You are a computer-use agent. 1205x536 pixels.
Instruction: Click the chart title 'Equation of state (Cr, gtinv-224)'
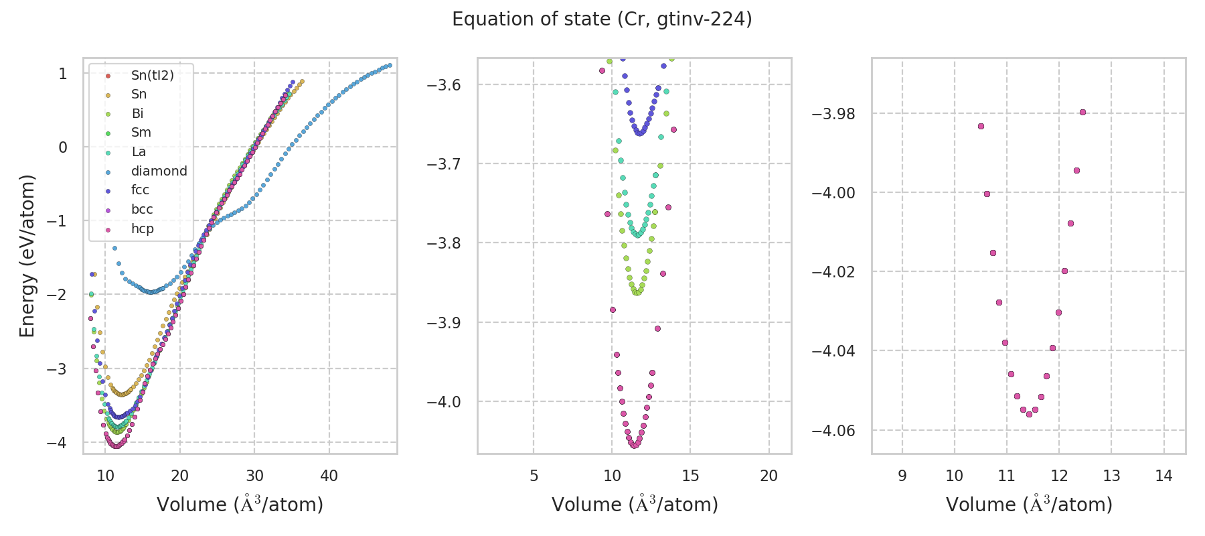(x=602, y=19)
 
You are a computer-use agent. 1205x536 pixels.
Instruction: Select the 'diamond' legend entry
(x=159, y=171)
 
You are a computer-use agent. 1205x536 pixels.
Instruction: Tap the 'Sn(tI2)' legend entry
(x=152, y=75)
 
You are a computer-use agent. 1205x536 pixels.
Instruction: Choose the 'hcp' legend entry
(x=142, y=228)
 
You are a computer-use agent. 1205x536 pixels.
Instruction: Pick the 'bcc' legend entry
(x=142, y=209)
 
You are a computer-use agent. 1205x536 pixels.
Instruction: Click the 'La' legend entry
(x=139, y=151)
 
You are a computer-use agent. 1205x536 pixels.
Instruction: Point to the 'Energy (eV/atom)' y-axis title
(x=27, y=255)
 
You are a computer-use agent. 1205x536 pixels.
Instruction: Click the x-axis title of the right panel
(x=1029, y=505)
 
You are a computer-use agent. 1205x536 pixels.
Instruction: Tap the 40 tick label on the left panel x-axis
(x=329, y=476)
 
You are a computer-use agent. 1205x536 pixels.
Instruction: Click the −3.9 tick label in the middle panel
(x=444, y=322)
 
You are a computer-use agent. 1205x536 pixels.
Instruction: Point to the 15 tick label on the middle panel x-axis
(x=690, y=476)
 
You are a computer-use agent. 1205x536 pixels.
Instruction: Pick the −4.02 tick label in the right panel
(x=833, y=271)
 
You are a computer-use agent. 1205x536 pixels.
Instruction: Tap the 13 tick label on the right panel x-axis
(x=1111, y=476)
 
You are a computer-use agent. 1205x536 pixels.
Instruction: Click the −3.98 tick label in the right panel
(x=833, y=113)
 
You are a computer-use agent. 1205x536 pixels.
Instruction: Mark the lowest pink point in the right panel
(x=1029, y=414)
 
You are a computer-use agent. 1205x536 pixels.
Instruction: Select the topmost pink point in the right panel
(x=1082, y=112)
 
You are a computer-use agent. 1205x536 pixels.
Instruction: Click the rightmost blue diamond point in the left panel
(x=390, y=65)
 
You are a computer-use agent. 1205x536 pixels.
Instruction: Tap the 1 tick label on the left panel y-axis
(x=63, y=73)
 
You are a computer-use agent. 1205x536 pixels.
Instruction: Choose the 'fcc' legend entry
(x=140, y=190)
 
